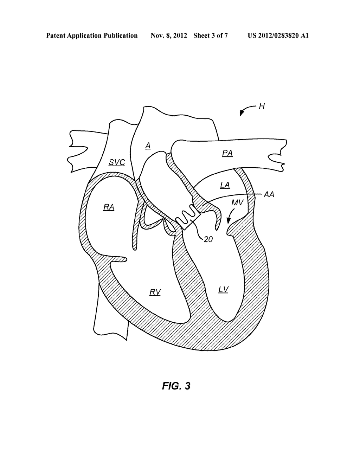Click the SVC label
pyautogui.click(x=117, y=163)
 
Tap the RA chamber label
pyautogui.click(x=109, y=207)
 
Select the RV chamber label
pyautogui.click(x=155, y=292)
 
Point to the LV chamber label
pyautogui.click(x=223, y=290)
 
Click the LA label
pyautogui.click(x=225, y=185)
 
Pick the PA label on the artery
pyautogui.click(x=227, y=153)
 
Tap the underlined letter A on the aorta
pyautogui.click(x=148, y=146)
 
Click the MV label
pyautogui.click(x=237, y=202)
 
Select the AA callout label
pyautogui.click(x=269, y=194)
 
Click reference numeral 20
pyautogui.click(x=208, y=239)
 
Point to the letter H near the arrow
pyautogui.click(x=262, y=106)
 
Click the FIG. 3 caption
pyautogui.click(x=176, y=386)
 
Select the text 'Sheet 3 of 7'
pyautogui.click(x=211, y=36)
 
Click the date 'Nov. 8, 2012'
pyautogui.click(x=169, y=36)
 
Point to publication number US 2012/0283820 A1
pyautogui.click(x=278, y=36)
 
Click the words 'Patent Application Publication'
pyautogui.click(x=92, y=36)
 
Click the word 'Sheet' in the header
pyautogui.click(x=201, y=36)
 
